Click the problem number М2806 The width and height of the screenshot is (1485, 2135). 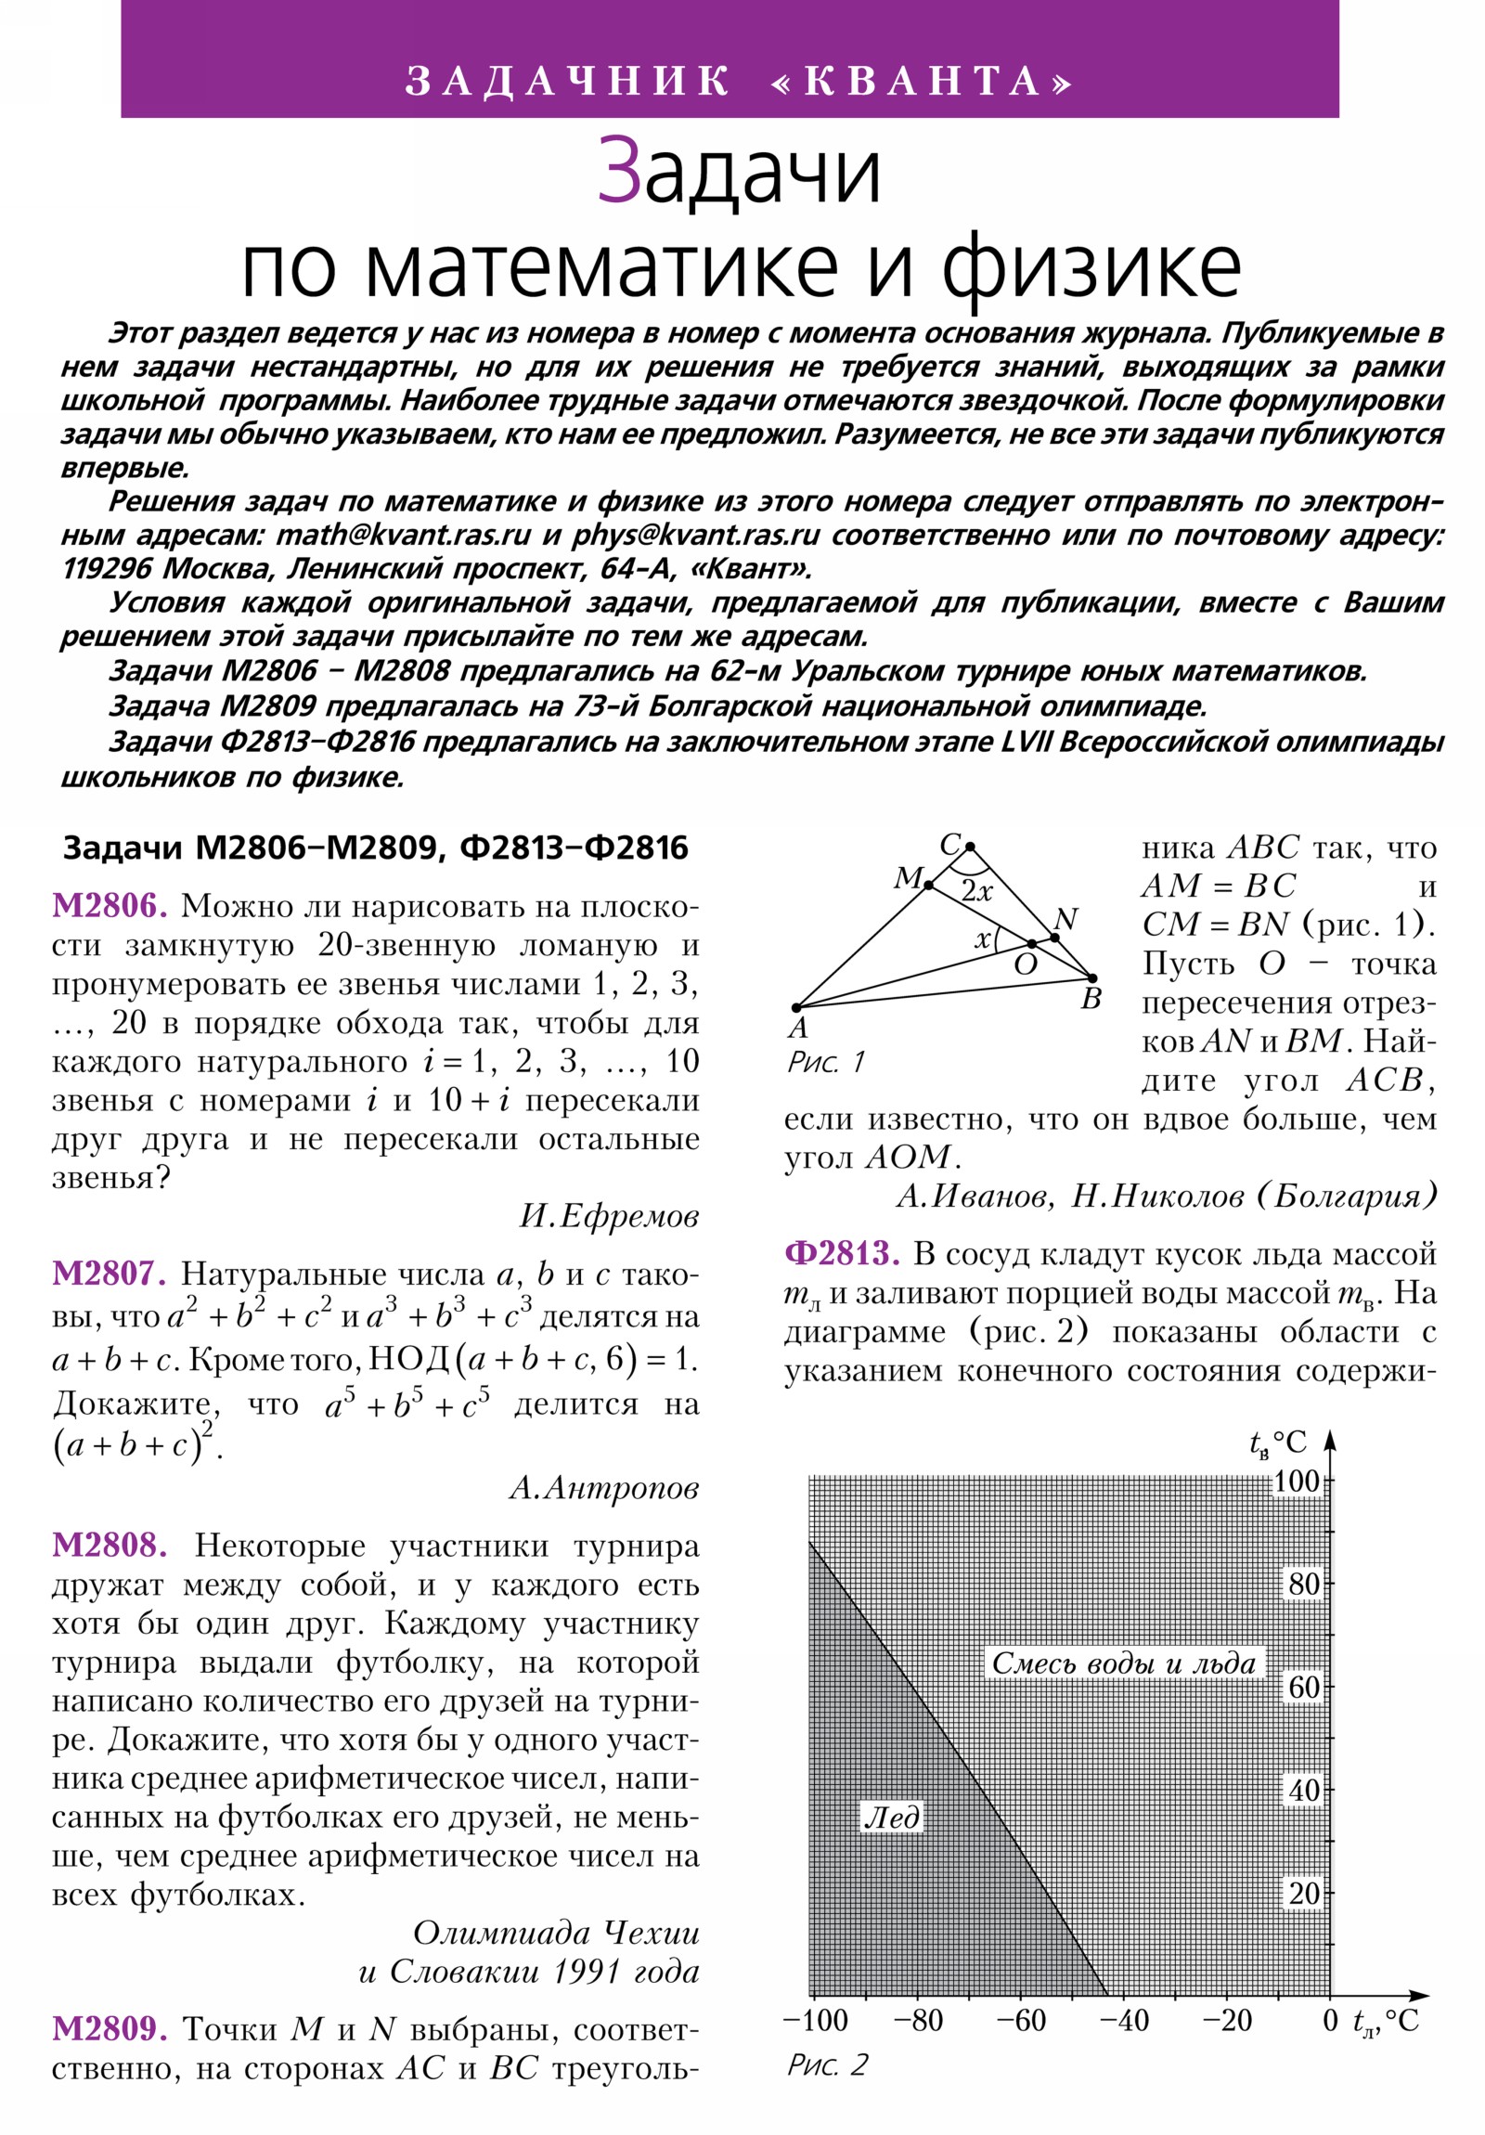coord(109,906)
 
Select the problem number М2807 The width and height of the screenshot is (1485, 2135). coord(109,1273)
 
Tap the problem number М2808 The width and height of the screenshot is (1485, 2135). coord(110,1545)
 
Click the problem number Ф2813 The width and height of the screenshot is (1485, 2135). coord(842,1253)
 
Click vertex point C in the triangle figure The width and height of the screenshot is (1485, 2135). coord(970,847)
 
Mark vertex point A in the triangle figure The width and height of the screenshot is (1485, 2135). coord(797,1008)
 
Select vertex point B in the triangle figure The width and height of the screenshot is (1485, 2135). coord(1092,978)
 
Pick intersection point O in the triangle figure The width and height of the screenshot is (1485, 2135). coord(1032,945)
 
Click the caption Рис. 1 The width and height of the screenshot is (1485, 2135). coord(826,1062)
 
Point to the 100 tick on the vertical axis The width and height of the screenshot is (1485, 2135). coord(1297,1482)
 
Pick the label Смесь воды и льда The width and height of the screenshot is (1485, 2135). coord(1123,1663)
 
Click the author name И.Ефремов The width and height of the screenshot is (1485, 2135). coord(609,1216)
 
